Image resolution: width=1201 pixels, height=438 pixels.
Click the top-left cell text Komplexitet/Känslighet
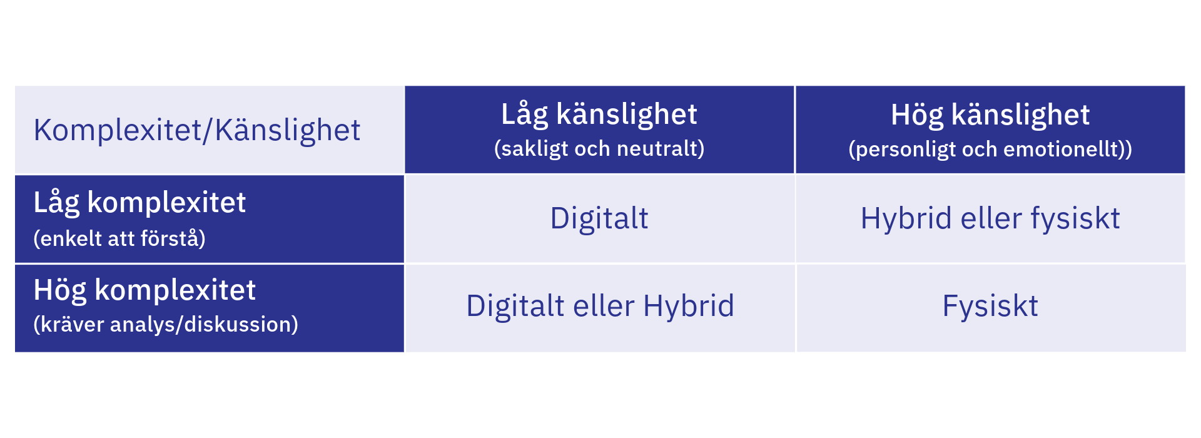(x=196, y=130)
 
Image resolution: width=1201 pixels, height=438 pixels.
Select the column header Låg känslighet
(x=599, y=115)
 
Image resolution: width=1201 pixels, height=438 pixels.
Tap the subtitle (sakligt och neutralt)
(x=599, y=149)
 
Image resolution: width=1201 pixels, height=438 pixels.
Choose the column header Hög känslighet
(x=990, y=115)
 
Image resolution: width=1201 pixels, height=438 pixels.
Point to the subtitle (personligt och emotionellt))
(x=990, y=150)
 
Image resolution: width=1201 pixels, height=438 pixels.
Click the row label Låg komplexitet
(x=139, y=203)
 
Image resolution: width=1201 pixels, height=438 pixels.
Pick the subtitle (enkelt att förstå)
(x=119, y=238)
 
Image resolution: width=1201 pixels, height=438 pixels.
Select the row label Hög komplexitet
(x=144, y=290)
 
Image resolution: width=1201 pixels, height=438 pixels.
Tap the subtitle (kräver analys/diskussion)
(x=165, y=324)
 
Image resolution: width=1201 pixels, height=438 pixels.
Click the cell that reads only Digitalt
(x=599, y=218)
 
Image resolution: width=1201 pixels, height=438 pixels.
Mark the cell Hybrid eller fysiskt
(x=990, y=218)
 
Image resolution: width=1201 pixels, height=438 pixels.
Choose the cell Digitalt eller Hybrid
(x=600, y=306)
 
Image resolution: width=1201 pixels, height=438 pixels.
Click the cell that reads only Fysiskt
(x=990, y=306)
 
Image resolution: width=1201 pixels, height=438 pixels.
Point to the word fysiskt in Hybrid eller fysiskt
(x=1075, y=218)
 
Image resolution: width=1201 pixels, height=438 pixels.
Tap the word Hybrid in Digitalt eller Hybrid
(x=688, y=306)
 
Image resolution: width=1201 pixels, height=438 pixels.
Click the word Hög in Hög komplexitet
(x=59, y=290)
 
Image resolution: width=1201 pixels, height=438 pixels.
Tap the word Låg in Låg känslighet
(x=524, y=115)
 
